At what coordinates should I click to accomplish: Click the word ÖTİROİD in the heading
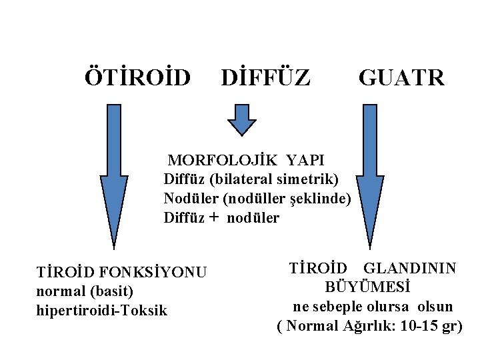(x=137, y=77)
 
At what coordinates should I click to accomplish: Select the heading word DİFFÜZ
(x=265, y=77)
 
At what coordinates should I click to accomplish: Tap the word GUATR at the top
(x=401, y=77)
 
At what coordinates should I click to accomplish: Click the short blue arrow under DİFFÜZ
(x=242, y=119)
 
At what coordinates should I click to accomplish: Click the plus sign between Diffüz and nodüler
(x=214, y=217)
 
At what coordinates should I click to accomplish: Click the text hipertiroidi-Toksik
(x=104, y=310)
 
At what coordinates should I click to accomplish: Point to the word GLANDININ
(x=410, y=268)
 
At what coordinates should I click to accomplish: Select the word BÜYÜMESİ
(x=368, y=287)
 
